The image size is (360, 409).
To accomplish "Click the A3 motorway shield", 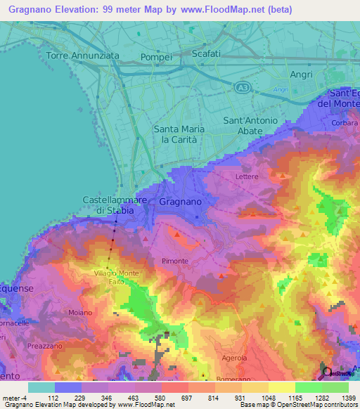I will [242, 86].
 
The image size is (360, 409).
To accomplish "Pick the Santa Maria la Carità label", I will [179, 134].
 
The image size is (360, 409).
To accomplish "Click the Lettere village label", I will [247, 176].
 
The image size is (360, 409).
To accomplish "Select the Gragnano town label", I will [181, 202].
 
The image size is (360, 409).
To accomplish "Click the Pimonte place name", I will [175, 261].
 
